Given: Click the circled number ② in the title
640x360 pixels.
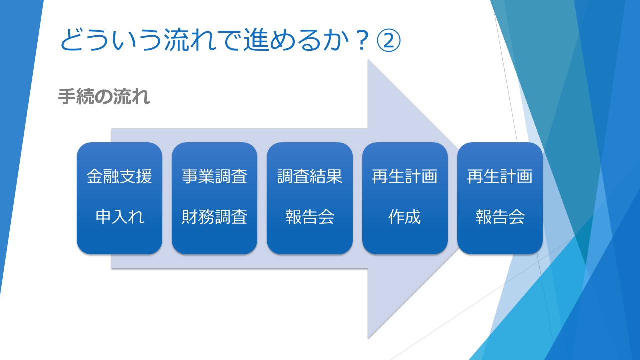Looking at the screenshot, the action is [389, 40].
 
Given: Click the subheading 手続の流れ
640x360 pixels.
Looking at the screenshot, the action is [104, 96].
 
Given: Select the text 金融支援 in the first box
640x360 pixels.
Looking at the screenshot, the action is [119, 176].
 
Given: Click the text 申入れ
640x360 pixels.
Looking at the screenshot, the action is [119, 217].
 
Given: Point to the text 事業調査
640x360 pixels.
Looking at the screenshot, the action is [214, 176].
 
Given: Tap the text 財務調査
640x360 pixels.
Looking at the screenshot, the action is [214, 217].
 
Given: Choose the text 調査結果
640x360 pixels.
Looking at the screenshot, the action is [310, 176].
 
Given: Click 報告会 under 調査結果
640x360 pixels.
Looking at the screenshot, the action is [310, 217].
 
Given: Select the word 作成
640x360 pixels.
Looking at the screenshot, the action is [405, 217].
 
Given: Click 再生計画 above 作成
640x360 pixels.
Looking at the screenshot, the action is [405, 176].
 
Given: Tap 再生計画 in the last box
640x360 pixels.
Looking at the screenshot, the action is [500, 176].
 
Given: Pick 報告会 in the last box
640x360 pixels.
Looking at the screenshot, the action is [500, 217].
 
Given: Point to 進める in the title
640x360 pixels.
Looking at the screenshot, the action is [283, 40].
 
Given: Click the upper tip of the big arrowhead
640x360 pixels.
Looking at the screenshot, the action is [368, 59].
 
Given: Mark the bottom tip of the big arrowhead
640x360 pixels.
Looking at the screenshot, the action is [368, 338].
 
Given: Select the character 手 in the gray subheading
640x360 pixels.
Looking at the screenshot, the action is [67, 96].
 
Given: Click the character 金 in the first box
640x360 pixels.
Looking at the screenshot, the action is [95, 176].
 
